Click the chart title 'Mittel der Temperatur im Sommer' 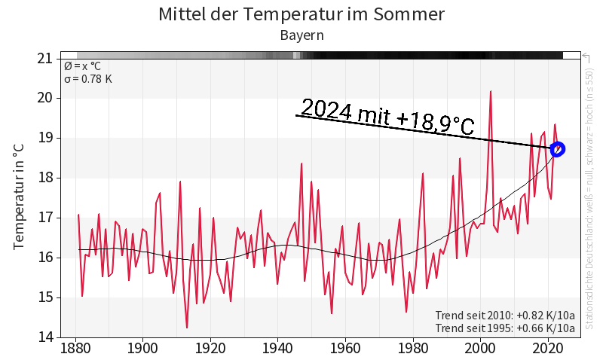click(x=301, y=14)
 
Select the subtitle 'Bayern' click(x=301, y=35)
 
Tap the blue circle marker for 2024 click(x=558, y=149)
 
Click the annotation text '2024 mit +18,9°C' click(x=387, y=117)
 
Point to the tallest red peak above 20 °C click(x=491, y=92)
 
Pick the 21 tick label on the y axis click(x=45, y=58)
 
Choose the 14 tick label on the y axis click(x=45, y=337)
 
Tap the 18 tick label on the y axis click(x=45, y=178)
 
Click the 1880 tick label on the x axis click(x=75, y=349)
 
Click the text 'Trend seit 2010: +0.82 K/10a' click(x=505, y=315)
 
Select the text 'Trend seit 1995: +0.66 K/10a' click(x=505, y=328)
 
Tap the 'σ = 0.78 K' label click(x=88, y=78)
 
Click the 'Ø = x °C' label click(x=82, y=66)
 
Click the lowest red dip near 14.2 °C click(x=187, y=327)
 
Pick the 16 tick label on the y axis click(x=45, y=258)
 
